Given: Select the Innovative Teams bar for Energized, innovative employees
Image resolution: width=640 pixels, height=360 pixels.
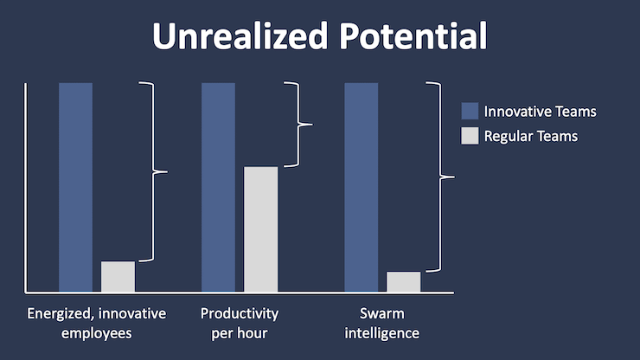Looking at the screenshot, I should (75, 186).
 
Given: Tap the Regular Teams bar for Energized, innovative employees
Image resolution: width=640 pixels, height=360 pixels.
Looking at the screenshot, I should (118, 276).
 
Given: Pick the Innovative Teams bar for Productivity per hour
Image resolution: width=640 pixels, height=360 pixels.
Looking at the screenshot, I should (218, 186).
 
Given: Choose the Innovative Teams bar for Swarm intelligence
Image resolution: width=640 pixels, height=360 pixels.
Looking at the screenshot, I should (361, 186).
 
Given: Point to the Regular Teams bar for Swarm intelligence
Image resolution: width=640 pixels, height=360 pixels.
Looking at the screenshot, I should (403, 281).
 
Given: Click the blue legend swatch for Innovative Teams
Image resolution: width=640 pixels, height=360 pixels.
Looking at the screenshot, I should (470, 112).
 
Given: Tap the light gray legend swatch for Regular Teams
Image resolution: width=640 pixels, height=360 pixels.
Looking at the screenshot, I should (470, 136).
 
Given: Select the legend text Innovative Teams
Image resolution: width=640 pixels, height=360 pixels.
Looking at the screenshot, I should (540, 112).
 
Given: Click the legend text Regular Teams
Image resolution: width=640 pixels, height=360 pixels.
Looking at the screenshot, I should (530, 136).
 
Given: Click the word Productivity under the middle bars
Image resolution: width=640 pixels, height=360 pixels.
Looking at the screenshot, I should (240, 312).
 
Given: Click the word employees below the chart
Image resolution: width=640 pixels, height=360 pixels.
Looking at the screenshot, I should (96, 332).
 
